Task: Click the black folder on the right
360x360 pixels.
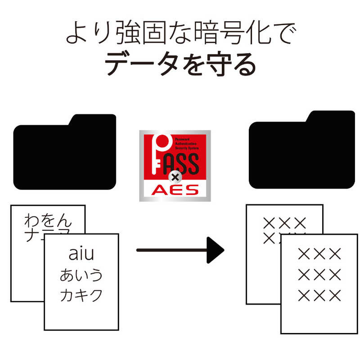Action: [x=301, y=153]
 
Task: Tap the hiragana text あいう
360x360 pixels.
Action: [x=81, y=275]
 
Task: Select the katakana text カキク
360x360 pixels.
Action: [x=81, y=295]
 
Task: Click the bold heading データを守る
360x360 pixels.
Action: [x=180, y=64]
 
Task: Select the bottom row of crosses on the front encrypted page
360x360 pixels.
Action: [x=320, y=296]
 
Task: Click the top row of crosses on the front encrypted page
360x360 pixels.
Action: [x=320, y=254]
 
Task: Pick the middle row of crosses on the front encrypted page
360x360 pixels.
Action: [x=320, y=275]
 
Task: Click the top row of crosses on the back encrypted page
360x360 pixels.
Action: [x=284, y=222]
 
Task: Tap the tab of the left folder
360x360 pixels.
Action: [x=92, y=120]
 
